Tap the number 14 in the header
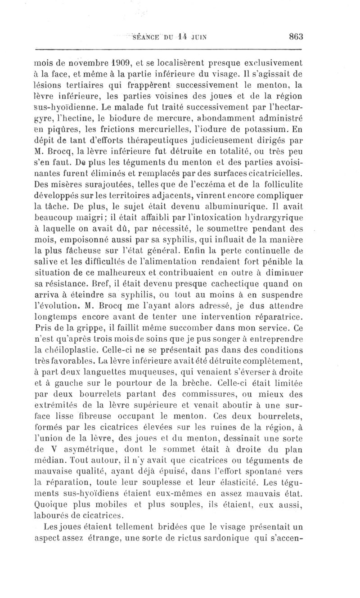click(181, 37)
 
